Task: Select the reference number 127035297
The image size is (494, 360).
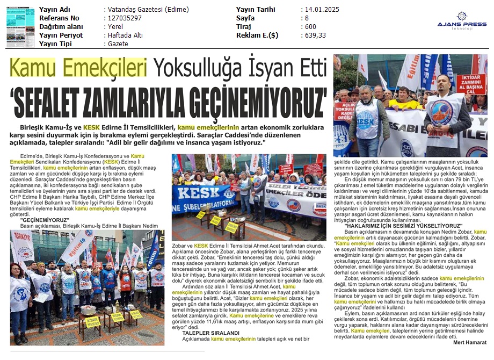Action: pyautogui.click(x=125, y=18)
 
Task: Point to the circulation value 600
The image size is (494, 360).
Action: pyautogui.click(x=310, y=27)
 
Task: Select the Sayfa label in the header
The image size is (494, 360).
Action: pyautogui.click(x=246, y=18)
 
